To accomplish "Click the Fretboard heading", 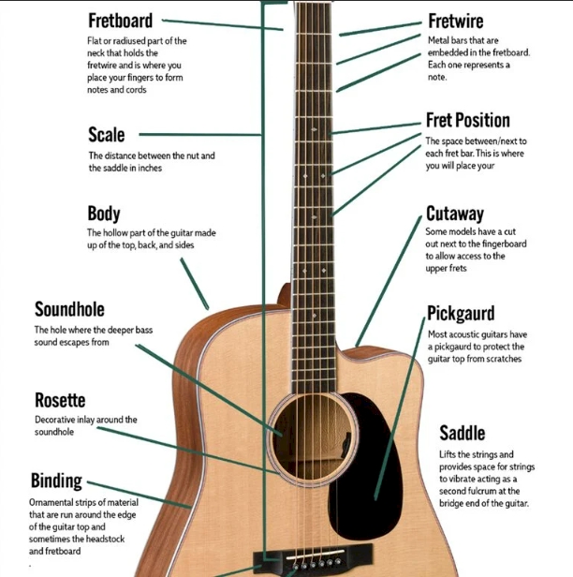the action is point(120,21).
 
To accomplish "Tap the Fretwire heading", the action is point(456,21).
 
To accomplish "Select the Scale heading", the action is point(107,135).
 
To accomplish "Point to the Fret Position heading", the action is point(468,120).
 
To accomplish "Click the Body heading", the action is point(104,214).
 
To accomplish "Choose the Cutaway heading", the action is point(455,214).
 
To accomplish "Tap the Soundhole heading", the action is point(69,309).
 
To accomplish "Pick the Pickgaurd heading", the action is point(461,314).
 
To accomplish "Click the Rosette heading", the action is point(60,400).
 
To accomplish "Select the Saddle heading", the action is point(463,433).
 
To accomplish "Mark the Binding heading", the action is point(56,481).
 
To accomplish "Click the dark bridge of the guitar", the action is point(313,560).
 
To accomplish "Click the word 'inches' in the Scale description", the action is point(150,169).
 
